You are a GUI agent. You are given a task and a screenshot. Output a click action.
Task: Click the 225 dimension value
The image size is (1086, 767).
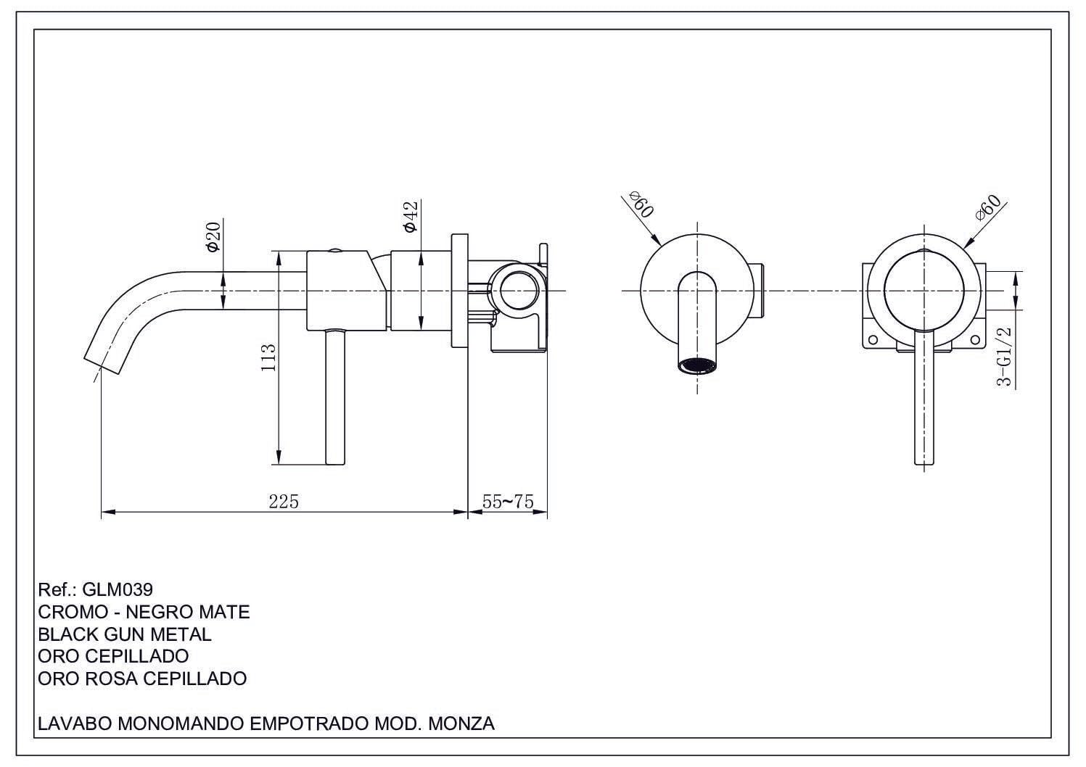point(284,501)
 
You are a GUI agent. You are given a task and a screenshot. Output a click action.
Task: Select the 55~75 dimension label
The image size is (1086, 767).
point(508,501)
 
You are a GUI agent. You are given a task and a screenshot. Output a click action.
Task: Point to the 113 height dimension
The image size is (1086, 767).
point(268,357)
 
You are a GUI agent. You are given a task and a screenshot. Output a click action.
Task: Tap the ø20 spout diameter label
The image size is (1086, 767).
point(213,237)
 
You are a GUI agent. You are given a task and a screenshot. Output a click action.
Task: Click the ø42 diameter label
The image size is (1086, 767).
point(411,217)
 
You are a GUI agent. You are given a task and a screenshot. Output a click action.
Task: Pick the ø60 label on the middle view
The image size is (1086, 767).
point(641,204)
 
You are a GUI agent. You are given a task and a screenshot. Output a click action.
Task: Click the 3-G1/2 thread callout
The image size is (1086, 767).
point(1004,356)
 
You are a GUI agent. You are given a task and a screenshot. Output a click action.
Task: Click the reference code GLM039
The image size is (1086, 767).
point(118,589)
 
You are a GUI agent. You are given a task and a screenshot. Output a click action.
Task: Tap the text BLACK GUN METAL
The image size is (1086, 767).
point(124,634)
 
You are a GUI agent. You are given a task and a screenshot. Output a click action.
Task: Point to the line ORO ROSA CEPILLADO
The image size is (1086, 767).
point(142,679)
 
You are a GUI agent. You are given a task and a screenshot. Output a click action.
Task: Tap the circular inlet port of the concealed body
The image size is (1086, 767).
point(518,290)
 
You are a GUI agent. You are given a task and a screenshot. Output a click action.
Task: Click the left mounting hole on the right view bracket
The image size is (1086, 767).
point(873,339)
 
